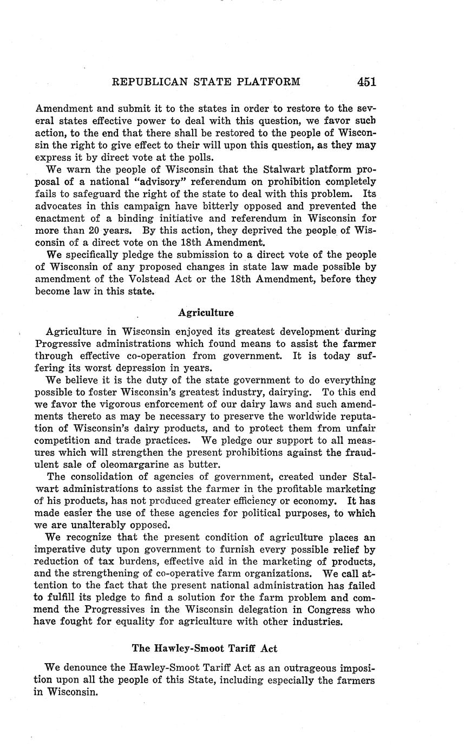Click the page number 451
366,82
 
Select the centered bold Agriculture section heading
206,313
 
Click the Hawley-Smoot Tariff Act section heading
205,648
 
